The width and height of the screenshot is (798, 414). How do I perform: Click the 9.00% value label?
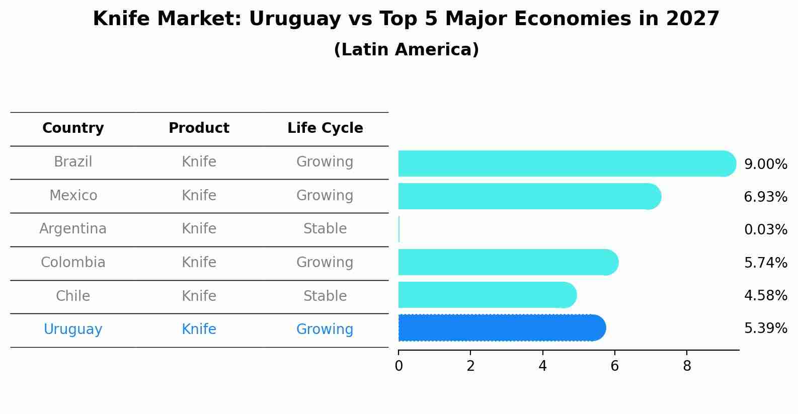[765, 164]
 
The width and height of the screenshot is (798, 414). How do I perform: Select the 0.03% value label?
[765, 230]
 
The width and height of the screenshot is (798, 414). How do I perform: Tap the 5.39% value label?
[765, 328]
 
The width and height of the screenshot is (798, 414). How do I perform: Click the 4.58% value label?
[765, 295]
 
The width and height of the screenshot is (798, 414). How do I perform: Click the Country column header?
[73, 128]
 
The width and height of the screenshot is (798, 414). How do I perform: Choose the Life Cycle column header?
[325, 128]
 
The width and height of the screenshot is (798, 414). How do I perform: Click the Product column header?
[199, 128]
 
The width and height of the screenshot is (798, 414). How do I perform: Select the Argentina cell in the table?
[73, 229]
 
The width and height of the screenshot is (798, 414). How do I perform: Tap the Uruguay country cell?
[73, 329]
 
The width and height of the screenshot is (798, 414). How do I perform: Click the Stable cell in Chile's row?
[325, 296]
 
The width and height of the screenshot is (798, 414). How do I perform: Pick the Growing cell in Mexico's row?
[325, 195]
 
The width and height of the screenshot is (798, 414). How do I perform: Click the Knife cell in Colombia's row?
[199, 263]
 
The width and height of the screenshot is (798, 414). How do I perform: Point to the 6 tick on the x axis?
[614, 366]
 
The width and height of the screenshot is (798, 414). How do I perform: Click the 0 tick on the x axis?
[398, 366]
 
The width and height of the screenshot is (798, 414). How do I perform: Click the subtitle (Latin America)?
[406, 50]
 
